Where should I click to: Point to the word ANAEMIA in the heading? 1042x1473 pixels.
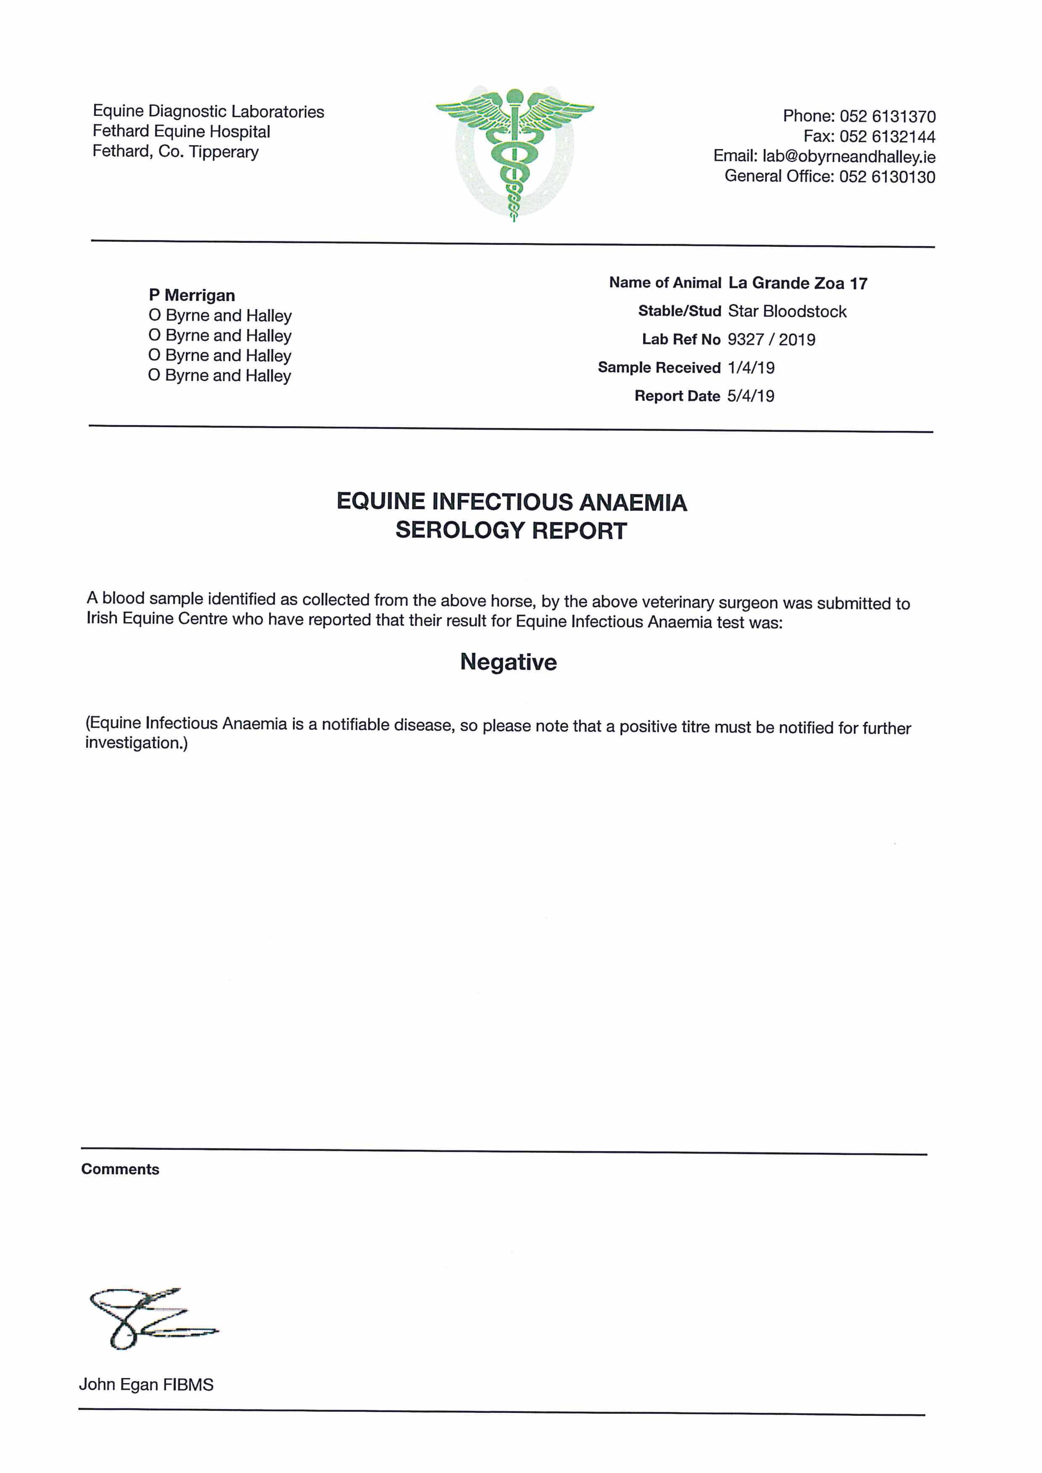[633, 502]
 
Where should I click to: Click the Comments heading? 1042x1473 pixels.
[120, 1169]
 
